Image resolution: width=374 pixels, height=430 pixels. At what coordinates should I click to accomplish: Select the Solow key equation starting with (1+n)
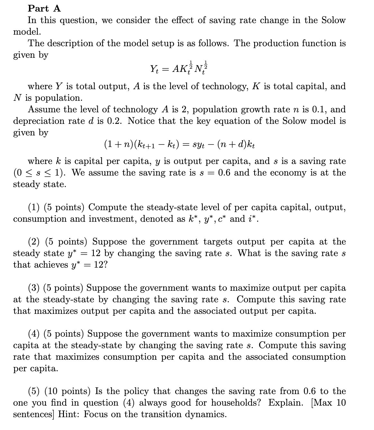tap(180, 144)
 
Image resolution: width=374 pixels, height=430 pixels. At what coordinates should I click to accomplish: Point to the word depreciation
tap(34, 121)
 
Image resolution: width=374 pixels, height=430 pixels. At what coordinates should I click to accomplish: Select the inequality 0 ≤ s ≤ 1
tap(38, 173)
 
